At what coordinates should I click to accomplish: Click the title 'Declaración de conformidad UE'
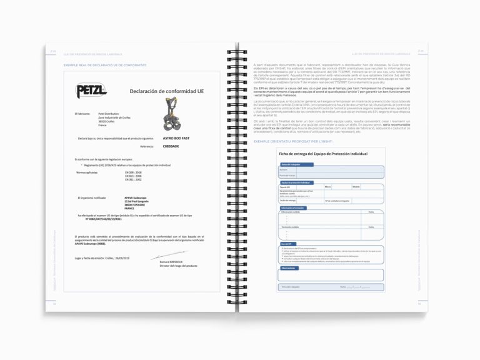(166, 91)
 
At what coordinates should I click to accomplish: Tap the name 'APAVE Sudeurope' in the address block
(135, 197)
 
